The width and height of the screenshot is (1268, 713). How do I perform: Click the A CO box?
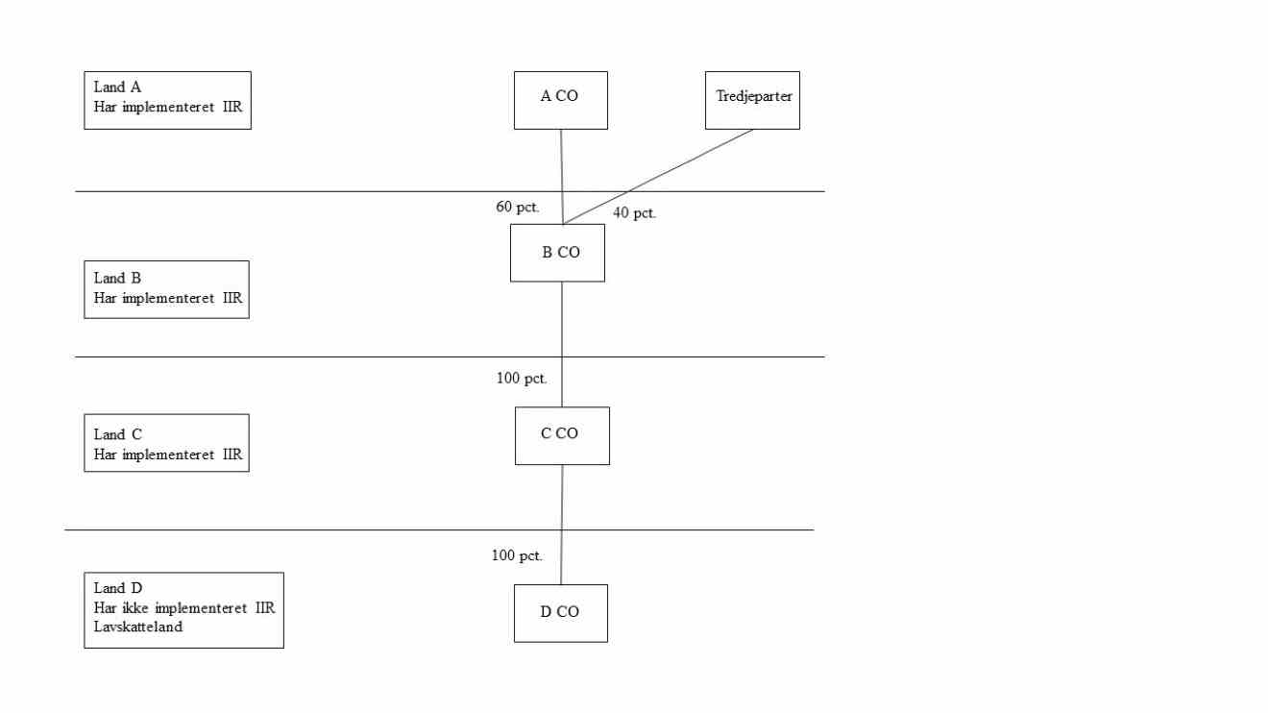pos(560,99)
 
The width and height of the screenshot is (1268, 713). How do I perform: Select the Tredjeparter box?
pos(752,99)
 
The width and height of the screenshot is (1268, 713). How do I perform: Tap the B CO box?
pos(557,253)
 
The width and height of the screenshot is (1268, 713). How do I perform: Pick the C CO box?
pos(562,435)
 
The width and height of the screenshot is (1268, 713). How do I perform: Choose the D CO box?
pos(560,613)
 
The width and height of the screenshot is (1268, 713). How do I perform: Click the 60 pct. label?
pos(518,208)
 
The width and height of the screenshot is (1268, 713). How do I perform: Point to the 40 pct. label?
pos(634,213)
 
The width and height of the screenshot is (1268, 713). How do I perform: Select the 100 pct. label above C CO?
pos(522,379)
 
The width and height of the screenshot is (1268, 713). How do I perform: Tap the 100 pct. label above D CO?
pos(517,555)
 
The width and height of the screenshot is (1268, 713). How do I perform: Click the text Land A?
pos(117,87)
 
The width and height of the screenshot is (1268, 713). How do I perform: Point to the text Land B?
pos(117,279)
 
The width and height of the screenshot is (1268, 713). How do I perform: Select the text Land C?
pos(118,434)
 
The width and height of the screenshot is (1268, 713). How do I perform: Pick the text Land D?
pos(118,588)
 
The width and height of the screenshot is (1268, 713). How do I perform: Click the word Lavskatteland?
pos(138,627)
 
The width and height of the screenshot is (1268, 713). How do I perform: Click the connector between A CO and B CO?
pos(562,173)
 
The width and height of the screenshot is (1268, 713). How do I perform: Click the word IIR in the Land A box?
pos(232,107)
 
